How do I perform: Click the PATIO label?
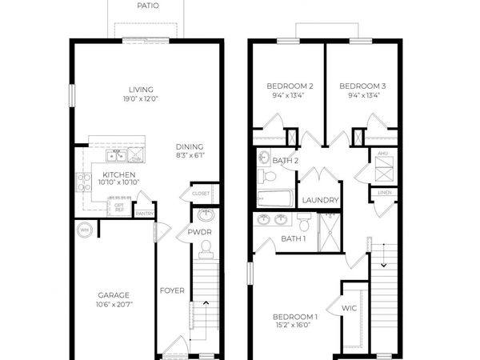point(147,6)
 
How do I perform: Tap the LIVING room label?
point(141,90)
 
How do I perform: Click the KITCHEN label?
point(118,174)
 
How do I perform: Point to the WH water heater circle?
point(85,230)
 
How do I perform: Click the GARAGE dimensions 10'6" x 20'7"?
point(114,305)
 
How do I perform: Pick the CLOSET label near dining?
point(200,194)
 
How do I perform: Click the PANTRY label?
point(144,214)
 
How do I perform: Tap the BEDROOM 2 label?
point(290,86)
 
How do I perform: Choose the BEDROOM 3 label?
point(362,86)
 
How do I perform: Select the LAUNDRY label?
point(322,200)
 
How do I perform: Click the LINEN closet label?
point(384,193)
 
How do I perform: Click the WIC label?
point(349,307)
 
